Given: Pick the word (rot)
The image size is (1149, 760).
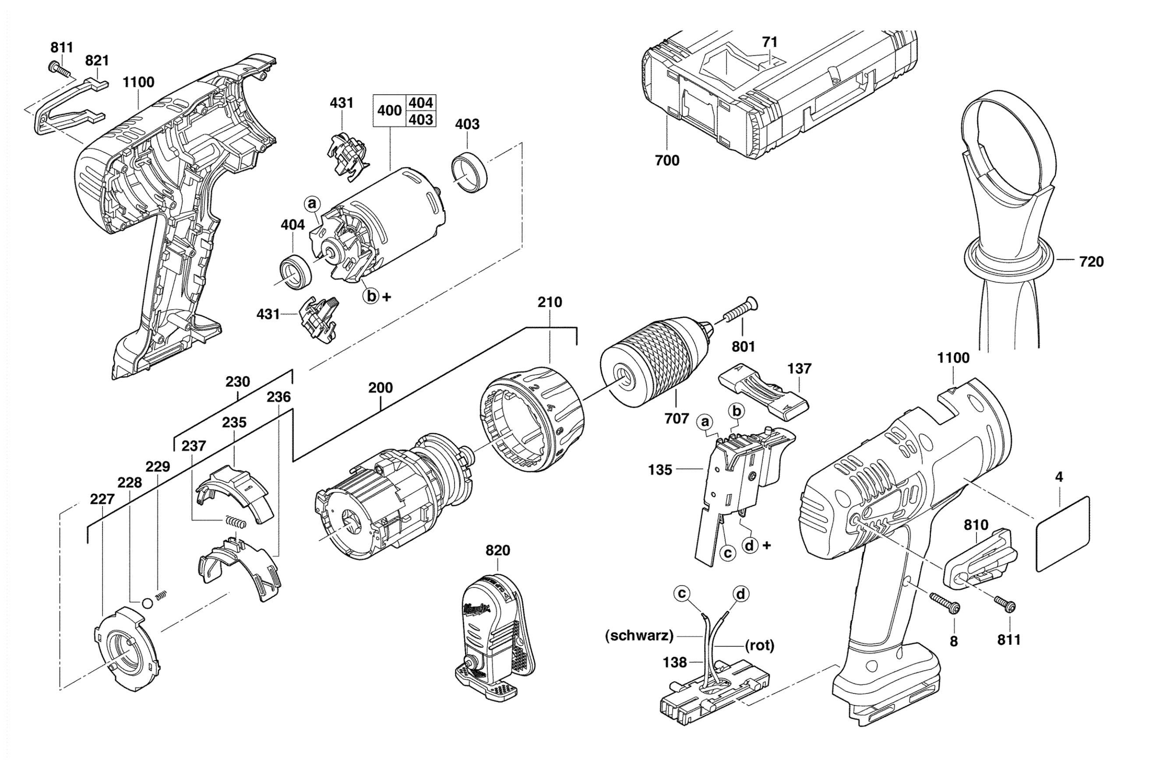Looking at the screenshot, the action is tap(759, 645).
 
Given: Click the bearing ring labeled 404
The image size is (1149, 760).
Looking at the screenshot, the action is tap(296, 271).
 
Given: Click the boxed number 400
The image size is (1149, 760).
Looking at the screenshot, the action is tap(390, 110).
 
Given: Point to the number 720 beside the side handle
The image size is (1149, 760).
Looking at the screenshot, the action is tap(1091, 262).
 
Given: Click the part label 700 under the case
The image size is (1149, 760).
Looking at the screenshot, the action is tap(667, 160).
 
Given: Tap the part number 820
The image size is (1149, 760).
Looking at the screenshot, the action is tap(498, 550).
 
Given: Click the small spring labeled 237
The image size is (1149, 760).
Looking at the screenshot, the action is tap(236, 522).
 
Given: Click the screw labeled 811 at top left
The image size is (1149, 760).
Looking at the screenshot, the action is tap(59, 69).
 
